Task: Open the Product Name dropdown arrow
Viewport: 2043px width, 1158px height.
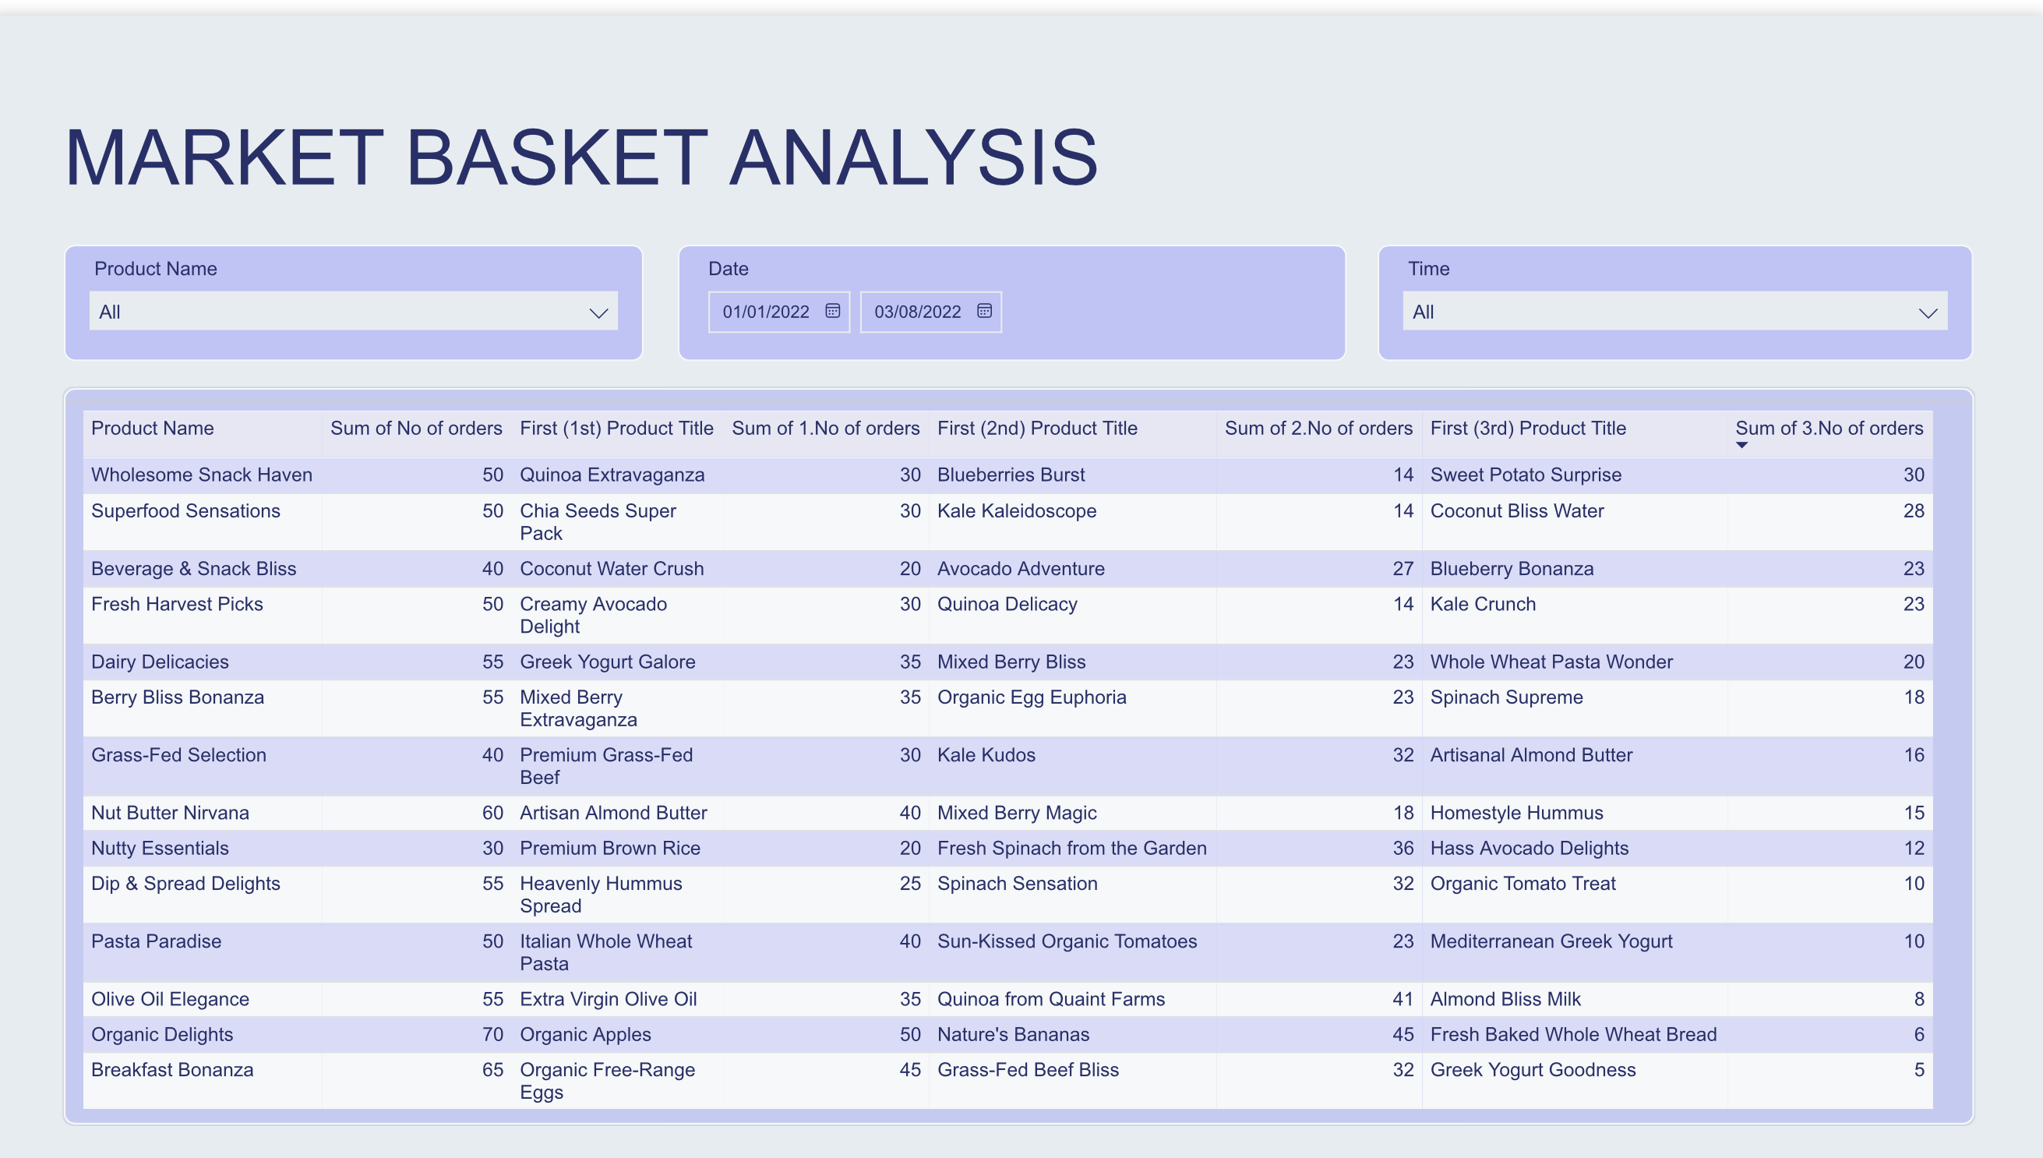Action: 598,312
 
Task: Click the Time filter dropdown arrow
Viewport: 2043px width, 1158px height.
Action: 1927,312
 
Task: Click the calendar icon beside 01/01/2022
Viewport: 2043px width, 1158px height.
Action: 832,311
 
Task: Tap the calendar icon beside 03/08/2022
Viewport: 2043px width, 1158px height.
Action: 984,311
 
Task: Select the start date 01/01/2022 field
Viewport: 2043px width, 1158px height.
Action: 765,312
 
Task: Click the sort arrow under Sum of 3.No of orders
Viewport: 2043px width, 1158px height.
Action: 1741,446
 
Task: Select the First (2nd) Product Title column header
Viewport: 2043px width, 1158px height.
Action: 1037,428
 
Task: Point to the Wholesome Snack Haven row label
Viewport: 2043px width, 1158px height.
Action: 201,475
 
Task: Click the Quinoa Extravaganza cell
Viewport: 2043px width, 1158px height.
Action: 612,475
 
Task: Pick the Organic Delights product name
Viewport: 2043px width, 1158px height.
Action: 162,1034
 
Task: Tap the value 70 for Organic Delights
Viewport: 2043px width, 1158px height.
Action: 492,1034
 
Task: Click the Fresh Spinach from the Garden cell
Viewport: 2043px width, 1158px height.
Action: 1071,848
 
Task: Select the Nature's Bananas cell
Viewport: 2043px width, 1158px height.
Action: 1012,1034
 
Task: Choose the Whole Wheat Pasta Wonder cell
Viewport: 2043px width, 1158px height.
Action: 1551,662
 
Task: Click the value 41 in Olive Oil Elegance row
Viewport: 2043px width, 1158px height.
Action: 1402,999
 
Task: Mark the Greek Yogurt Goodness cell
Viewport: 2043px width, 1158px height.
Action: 1533,1070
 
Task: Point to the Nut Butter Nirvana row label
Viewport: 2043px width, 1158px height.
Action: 170,813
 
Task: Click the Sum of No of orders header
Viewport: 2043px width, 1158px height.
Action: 416,428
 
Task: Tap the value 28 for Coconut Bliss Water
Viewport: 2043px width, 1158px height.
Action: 1913,510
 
